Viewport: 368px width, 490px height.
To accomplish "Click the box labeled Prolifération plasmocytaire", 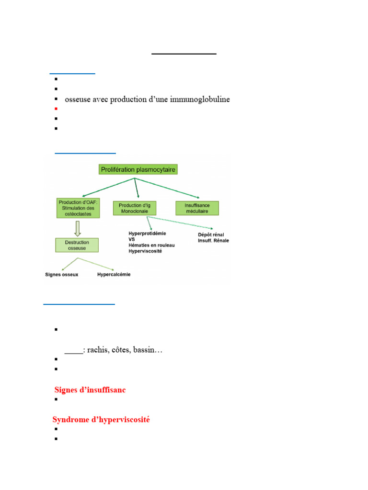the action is [x=138, y=169].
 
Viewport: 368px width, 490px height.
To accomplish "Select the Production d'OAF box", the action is [x=78, y=208].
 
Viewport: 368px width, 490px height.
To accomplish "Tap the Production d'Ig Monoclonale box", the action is [x=135, y=208].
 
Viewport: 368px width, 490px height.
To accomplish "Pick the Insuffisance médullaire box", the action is [x=197, y=208].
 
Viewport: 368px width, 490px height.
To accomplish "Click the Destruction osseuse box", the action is [x=77, y=245].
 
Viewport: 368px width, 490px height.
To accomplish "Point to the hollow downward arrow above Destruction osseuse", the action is [x=78, y=228].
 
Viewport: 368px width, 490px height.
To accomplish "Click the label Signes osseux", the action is [x=62, y=274].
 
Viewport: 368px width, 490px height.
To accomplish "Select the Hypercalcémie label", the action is [x=114, y=274].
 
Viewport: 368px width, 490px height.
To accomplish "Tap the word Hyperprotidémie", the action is [x=148, y=234].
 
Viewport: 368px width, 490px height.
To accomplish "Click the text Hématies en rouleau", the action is [x=152, y=245].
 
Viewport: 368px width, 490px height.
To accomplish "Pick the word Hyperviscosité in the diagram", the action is [x=145, y=251].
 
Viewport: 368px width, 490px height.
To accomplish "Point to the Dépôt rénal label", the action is [x=211, y=234].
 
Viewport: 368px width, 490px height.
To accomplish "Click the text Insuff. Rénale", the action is [x=213, y=241].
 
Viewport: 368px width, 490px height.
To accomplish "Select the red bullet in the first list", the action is [x=56, y=109].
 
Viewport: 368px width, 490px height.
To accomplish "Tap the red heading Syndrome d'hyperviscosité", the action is [x=101, y=419].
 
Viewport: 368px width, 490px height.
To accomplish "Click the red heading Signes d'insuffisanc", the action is [x=90, y=390].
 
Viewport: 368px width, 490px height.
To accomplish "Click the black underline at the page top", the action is [x=184, y=54].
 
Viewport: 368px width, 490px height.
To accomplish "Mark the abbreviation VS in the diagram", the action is [x=132, y=239].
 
